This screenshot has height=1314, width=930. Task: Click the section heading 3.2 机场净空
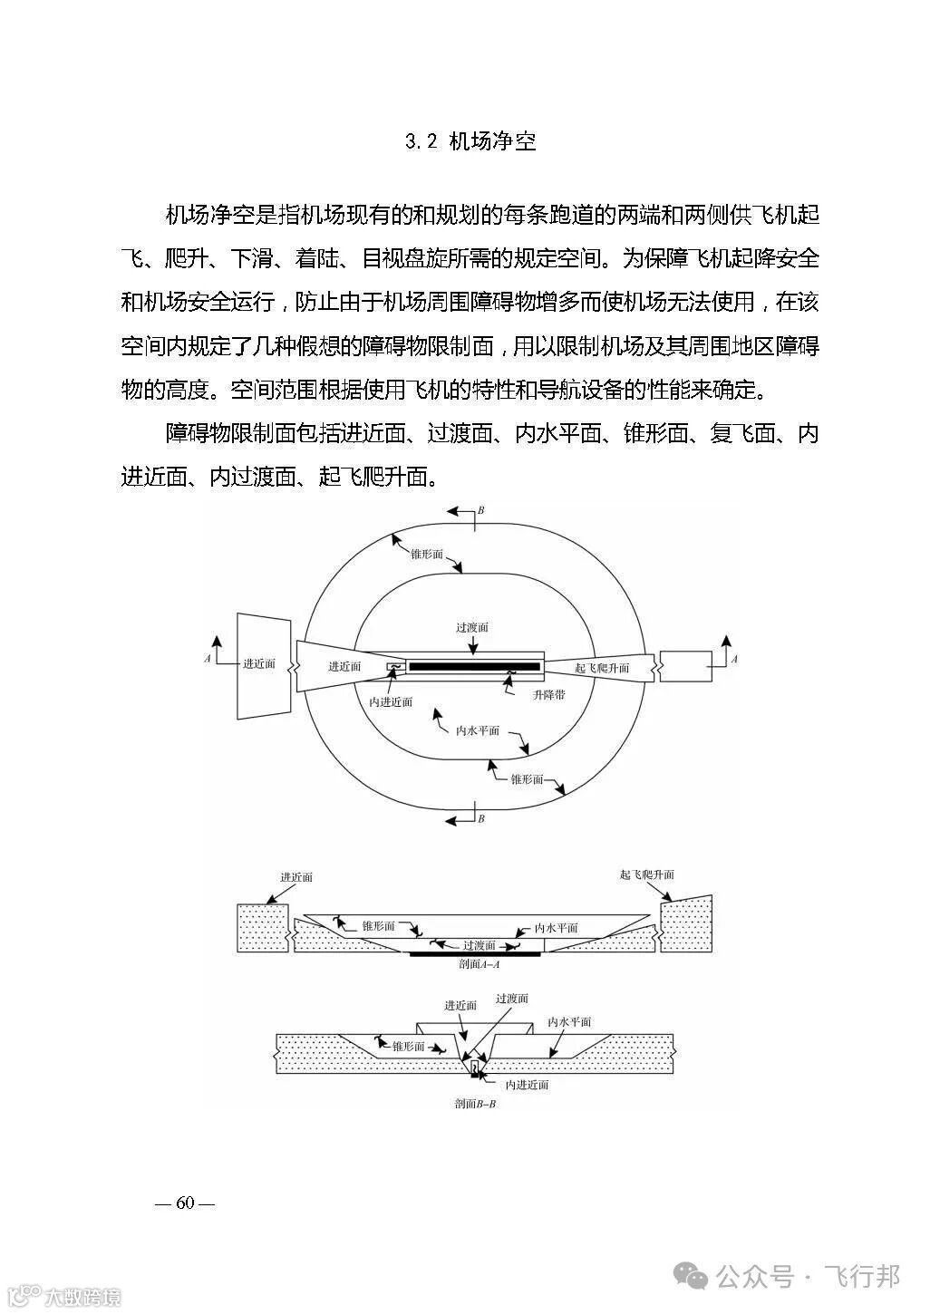470,141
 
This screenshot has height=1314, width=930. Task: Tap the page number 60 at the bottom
186,1203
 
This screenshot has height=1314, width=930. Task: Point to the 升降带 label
549,693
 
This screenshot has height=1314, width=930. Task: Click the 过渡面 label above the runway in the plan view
472,627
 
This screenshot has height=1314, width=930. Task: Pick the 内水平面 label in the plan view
478,730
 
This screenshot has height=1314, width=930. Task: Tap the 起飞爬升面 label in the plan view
602,668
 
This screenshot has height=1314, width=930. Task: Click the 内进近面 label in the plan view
392,701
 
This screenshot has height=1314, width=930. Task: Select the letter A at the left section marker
208,659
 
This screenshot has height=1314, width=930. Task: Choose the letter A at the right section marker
734,660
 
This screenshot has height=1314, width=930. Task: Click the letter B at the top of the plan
481,511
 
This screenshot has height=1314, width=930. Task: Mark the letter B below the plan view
481,818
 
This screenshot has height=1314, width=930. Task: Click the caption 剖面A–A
480,964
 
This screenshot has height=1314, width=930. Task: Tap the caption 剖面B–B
476,1104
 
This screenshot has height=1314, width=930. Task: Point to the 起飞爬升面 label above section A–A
647,874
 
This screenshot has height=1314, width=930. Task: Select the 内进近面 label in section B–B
527,1084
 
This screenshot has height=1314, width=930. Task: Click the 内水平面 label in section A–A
557,928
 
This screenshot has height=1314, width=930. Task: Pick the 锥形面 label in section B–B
409,1046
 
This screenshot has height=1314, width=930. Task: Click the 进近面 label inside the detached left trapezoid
258,664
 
